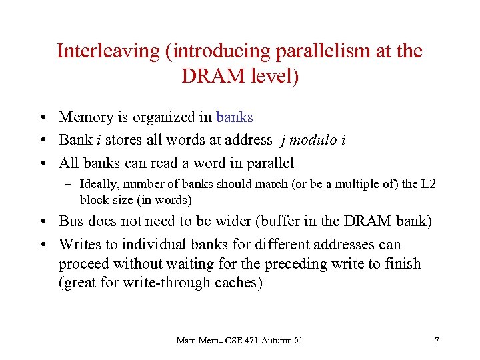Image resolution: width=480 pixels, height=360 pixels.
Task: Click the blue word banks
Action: [235, 117]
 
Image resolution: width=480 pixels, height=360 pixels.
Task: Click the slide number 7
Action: [437, 341]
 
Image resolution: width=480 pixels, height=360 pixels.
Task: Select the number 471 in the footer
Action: [255, 341]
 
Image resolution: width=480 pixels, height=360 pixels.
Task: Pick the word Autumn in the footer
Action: [279, 341]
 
